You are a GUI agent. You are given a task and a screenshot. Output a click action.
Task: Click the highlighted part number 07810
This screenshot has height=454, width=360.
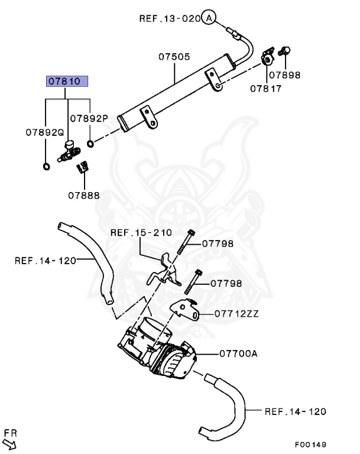point(67,82)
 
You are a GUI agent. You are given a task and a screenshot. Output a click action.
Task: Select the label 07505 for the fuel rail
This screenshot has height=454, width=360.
point(174,57)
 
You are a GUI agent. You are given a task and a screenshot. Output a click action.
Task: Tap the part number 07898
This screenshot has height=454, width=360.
point(285,75)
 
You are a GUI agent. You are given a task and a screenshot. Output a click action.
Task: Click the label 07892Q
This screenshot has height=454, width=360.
point(44,134)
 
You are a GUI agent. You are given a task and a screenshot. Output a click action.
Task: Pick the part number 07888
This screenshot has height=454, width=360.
point(83,194)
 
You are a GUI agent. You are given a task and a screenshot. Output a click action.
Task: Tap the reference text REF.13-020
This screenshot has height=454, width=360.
point(170,18)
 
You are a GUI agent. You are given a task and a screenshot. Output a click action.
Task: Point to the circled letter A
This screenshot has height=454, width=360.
point(208,18)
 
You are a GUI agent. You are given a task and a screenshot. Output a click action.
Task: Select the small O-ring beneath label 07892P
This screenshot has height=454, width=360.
point(90,144)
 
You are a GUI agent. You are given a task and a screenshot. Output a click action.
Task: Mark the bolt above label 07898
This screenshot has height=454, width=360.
point(284,52)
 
